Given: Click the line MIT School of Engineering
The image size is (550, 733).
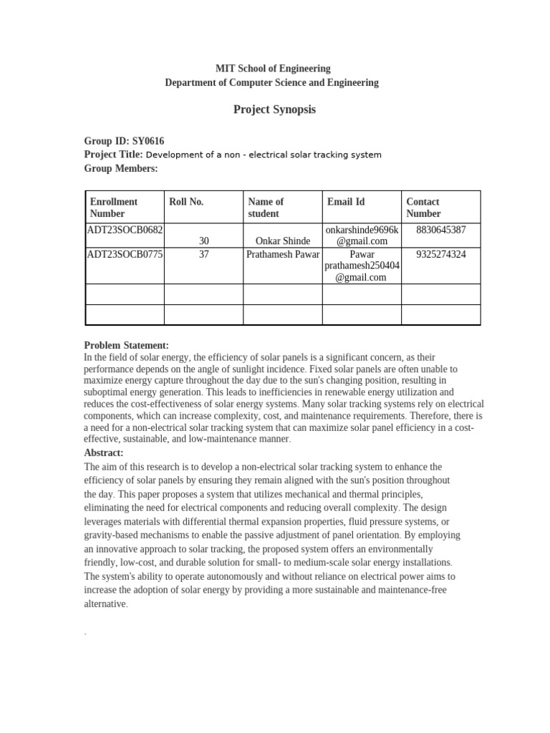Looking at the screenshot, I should [x=273, y=69].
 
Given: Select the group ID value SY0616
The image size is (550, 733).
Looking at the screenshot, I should [x=153, y=141].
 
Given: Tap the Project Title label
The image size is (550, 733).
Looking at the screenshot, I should [x=113, y=155].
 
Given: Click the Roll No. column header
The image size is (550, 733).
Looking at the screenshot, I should [x=186, y=202].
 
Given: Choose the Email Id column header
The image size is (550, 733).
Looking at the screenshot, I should [x=346, y=202].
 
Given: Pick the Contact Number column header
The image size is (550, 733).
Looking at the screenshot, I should [x=423, y=208].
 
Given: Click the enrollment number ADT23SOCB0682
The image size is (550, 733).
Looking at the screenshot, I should [x=125, y=230].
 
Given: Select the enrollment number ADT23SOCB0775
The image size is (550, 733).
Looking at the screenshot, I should [x=125, y=254].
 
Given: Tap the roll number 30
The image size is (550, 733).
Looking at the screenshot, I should [x=204, y=241].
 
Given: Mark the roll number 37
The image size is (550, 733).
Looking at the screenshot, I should [x=204, y=254].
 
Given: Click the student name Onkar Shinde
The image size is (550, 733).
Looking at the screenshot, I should [x=283, y=241].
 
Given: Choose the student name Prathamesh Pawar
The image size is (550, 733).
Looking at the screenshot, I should [x=283, y=254].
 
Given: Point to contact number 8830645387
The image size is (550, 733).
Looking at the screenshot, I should [x=440, y=230].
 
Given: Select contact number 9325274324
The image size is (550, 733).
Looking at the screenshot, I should [x=440, y=254].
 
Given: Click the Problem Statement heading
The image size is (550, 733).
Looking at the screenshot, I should [x=127, y=345].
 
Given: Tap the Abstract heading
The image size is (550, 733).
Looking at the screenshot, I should [x=104, y=452].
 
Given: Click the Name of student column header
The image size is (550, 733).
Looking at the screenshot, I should [x=266, y=208].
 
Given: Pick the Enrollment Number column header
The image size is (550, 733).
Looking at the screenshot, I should [x=114, y=208].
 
